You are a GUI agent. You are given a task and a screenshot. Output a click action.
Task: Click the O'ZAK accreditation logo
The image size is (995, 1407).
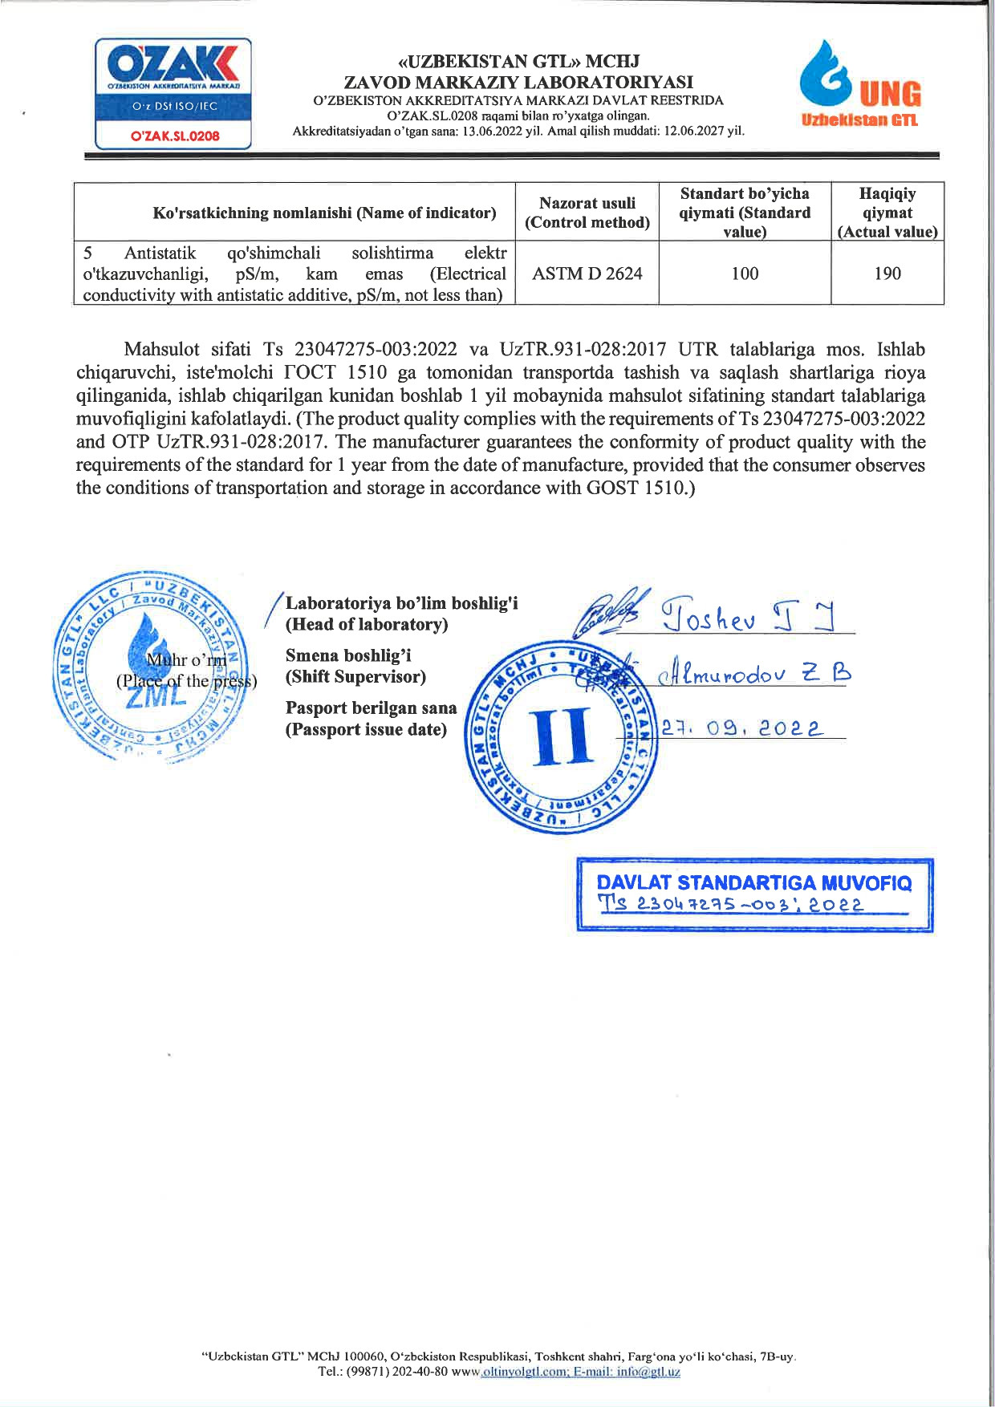coord(173,93)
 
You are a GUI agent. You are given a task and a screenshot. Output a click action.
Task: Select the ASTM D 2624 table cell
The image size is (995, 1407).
coord(587,274)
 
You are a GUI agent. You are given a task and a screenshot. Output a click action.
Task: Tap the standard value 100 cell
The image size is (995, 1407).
coord(745,274)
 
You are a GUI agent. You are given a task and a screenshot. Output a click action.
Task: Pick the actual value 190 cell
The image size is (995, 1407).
coord(887,274)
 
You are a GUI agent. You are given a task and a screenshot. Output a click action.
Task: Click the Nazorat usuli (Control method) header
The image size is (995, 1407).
coord(587,213)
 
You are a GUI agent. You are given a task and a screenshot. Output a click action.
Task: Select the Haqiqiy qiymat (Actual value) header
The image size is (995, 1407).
coord(887,213)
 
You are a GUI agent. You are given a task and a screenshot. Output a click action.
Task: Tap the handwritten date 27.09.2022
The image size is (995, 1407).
coord(742,728)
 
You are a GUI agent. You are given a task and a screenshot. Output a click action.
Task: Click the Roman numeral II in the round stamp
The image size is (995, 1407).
coord(562,736)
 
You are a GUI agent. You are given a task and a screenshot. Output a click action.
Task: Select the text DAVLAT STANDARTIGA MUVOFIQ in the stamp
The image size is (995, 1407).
coord(754,883)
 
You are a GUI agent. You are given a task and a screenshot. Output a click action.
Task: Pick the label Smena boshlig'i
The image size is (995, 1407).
coord(348,655)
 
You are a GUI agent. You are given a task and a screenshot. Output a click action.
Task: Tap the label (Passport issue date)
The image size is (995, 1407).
coord(366,729)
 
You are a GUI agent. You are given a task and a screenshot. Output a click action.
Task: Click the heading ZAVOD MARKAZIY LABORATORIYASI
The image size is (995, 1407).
coord(518,82)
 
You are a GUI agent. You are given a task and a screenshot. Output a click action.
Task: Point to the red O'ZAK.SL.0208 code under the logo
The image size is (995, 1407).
coord(175,136)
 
